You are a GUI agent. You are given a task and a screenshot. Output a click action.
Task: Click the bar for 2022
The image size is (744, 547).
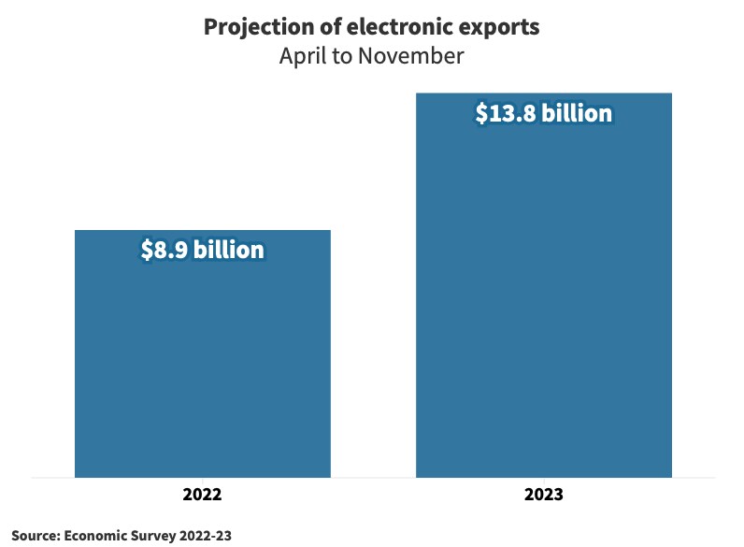tap(202, 365)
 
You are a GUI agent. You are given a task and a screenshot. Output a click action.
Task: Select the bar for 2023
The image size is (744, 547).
tap(543, 299)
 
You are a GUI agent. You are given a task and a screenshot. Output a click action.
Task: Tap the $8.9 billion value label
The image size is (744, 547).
tap(202, 251)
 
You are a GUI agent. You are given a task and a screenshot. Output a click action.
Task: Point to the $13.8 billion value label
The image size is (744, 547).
tap(543, 114)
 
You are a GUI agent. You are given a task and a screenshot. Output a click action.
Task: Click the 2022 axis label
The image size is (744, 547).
tap(202, 494)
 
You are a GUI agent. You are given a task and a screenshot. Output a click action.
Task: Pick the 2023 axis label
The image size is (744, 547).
tap(543, 494)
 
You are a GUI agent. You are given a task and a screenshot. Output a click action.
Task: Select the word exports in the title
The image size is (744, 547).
tap(499, 27)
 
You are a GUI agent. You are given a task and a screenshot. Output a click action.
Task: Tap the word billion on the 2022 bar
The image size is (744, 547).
tap(229, 251)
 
